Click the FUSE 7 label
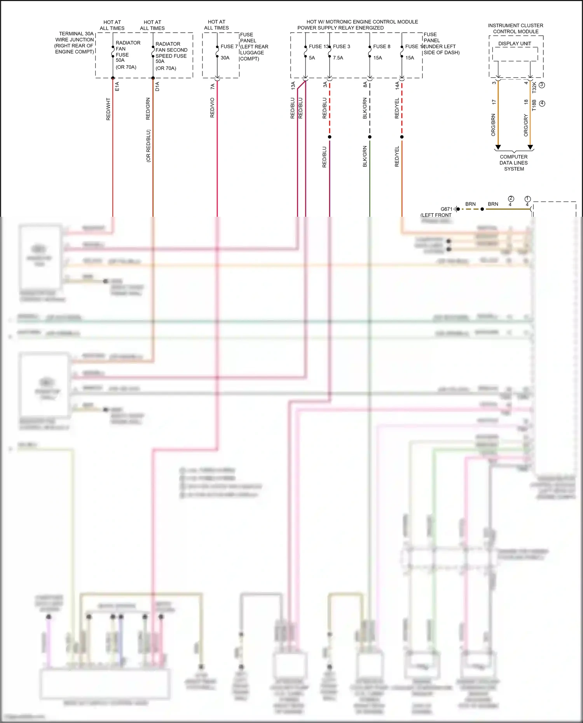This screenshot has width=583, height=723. point(229,47)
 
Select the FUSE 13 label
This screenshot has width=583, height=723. point(319,47)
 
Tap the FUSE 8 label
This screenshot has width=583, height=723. point(382,47)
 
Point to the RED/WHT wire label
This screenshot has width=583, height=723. point(108,109)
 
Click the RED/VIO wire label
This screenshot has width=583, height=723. point(212,108)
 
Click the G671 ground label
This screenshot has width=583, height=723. point(447,209)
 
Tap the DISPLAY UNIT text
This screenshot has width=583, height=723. point(515,44)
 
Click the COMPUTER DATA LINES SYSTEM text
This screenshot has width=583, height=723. point(514,163)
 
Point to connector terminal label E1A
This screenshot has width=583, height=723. point(117,86)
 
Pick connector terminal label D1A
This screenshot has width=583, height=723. point(157,86)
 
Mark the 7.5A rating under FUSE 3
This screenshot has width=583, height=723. point(338,58)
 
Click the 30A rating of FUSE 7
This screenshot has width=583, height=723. point(225,58)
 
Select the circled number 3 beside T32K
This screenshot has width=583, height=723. point(542,85)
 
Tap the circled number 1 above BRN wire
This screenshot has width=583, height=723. point(527,199)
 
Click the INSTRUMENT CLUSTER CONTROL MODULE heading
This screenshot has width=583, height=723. point(516,28)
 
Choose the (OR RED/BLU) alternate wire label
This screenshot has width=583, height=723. point(148,146)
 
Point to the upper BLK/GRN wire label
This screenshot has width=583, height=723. point(365,108)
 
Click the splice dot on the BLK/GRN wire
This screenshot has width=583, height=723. point(370,137)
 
